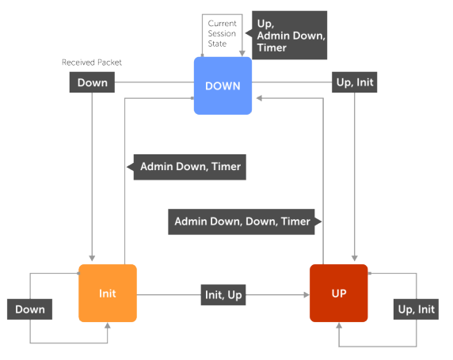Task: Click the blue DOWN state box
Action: tap(223, 85)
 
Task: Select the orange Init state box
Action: tap(108, 293)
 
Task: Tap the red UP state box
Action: tap(338, 293)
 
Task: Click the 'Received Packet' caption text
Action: tap(92, 62)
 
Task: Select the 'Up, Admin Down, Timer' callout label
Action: tap(289, 35)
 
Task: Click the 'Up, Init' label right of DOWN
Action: tap(354, 81)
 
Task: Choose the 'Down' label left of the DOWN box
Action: tap(93, 81)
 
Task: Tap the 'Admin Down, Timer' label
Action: tap(188, 167)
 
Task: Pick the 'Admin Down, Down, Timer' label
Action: tap(242, 222)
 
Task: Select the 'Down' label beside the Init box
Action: tap(30, 309)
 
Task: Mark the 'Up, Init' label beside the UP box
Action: tap(415, 309)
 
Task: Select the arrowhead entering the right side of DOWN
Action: tap(255, 99)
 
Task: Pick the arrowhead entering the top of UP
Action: tap(353, 260)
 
